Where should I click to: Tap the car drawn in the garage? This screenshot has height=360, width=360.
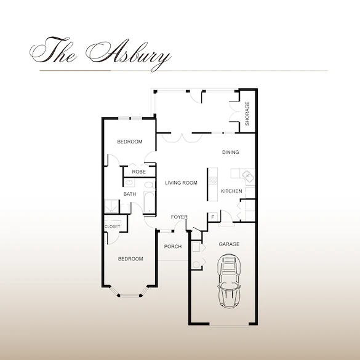pyautogui.click(x=229, y=284)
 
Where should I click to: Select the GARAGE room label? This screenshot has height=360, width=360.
pyautogui.click(x=229, y=244)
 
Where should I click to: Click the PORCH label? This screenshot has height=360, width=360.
pyautogui.click(x=173, y=247)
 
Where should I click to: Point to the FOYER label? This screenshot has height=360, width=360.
pyautogui.click(x=179, y=217)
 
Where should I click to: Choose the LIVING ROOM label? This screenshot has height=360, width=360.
pyautogui.click(x=181, y=183)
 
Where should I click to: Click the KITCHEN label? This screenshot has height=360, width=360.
pyautogui.click(x=231, y=191)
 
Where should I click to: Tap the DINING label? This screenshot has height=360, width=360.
pyautogui.click(x=230, y=152)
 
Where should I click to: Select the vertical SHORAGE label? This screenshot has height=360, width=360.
pyautogui.click(x=247, y=114)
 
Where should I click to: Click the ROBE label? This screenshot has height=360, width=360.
pyautogui.click(x=138, y=172)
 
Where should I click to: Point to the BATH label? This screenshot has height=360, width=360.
pyautogui.click(x=130, y=194)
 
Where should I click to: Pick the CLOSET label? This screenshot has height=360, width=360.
pyautogui.click(x=113, y=226)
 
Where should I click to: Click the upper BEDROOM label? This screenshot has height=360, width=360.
pyautogui.click(x=130, y=142)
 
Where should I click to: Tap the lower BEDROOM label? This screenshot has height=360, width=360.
pyautogui.click(x=130, y=259)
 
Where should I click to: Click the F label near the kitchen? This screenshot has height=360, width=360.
pyautogui.click(x=213, y=217)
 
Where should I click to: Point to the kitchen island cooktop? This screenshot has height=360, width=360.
pyautogui.click(x=213, y=180)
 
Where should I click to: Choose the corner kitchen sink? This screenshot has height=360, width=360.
pyautogui.click(x=249, y=177)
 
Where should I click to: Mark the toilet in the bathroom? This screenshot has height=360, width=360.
pyautogui.click(x=148, y=185)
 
